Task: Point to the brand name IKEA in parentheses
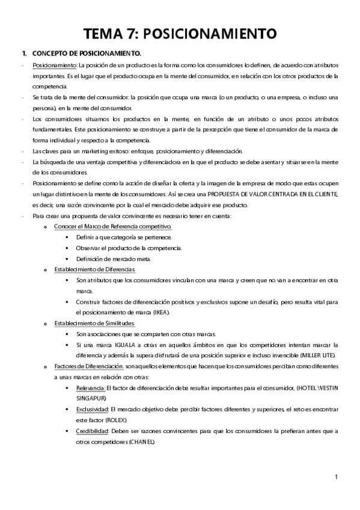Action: click(x=160, y=313)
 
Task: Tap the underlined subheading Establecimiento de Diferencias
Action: click(x=94, y=269)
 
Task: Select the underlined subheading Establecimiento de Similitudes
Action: click(x=94, y=323)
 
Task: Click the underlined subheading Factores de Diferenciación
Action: click(x=88, y=366)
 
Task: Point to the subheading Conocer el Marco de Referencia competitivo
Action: click(x=112, y=226)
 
